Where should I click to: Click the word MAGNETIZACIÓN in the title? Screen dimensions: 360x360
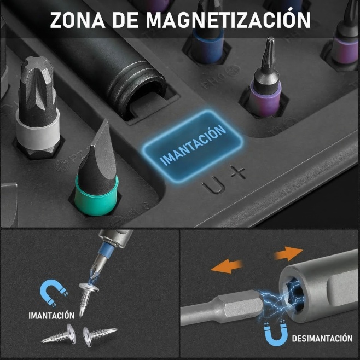pos(228,19)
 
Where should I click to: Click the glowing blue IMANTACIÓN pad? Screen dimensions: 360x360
pos(193,146)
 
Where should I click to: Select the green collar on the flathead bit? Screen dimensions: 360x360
pos(96,196)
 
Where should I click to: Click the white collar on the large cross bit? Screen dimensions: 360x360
pos(38,130)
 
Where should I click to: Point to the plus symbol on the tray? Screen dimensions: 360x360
pos(238,172)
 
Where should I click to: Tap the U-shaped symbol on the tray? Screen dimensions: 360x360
pos(213,185)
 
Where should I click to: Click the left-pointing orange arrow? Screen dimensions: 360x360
pos(227,266)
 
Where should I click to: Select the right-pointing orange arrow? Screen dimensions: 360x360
pos(288,253)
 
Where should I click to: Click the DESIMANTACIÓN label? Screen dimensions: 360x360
pos(322,339)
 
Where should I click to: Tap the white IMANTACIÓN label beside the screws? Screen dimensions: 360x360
pos(51,315)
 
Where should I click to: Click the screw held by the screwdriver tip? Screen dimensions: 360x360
pos(87,298)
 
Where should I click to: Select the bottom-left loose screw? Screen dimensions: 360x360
pos(59,335)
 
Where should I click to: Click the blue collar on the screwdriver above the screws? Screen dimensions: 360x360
pos(106,249)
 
